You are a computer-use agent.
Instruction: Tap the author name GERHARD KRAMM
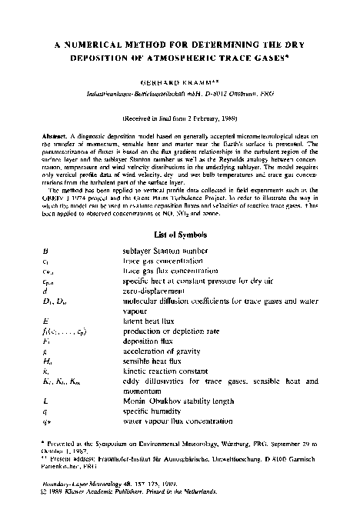178,80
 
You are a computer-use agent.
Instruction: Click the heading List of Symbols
179,233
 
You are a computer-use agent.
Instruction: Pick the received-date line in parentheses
179,122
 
